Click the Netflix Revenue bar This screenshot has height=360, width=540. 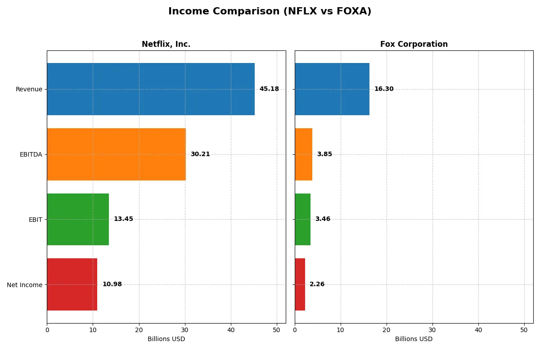click(151, 89)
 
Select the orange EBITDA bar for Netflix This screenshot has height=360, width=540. click(116, 154)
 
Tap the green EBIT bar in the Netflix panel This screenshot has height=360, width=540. click(78, 219)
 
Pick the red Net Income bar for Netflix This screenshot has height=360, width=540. click(72, 284)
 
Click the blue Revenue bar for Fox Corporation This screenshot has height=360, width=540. click(332, 89)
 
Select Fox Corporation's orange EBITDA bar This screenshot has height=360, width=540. click(304, 154)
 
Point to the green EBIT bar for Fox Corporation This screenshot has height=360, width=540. click(303, 219)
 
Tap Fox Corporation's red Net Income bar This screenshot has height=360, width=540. click(300, 284)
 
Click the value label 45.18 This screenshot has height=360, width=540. click(269, 89)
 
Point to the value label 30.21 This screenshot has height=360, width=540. click(200, 154)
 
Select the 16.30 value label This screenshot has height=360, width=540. click(384, 89)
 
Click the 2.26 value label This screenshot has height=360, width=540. click(317, 284)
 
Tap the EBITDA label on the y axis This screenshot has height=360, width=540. click(31, 154)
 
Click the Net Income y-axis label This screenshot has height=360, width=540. click(25, 285)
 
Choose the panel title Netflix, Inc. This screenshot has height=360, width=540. click(166, 44)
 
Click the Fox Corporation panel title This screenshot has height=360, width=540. click(414, 44)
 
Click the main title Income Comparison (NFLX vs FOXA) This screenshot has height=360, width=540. click(270, 11)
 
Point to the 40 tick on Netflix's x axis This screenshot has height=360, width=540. click(231, 330)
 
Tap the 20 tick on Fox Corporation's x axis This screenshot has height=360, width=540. click(387, 330)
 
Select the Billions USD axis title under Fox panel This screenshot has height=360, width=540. click(414, 339)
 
